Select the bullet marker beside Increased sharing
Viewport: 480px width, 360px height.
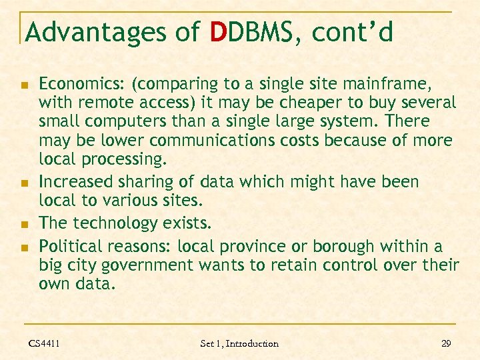(x=23, y=183)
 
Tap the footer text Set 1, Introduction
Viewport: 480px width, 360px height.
(x=239, y=343)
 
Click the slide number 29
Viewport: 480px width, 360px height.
(x=446, y=343)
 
